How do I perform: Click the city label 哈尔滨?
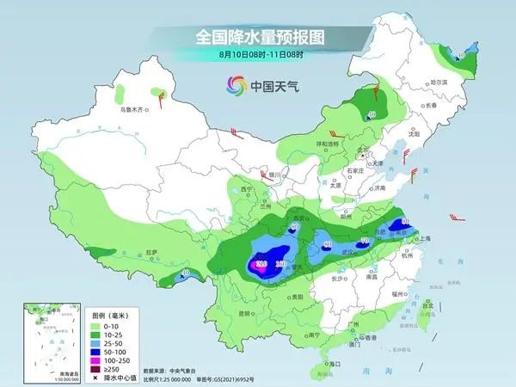point(440,82)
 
